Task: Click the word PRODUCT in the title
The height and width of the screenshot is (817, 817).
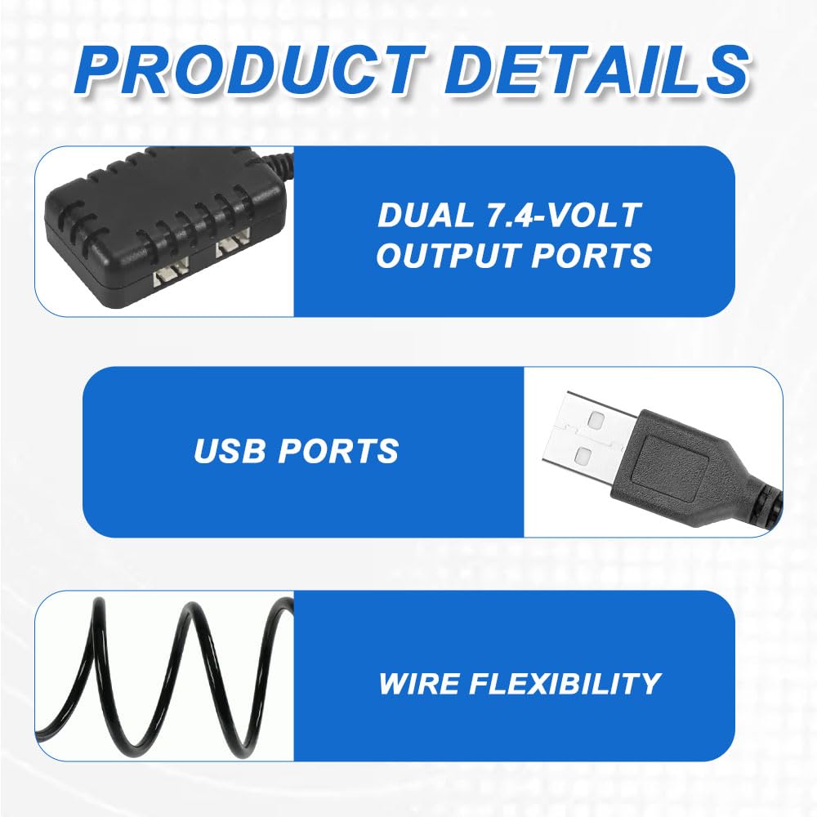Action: click(x=251, y=69)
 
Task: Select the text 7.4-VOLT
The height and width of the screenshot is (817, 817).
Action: click(x=563, y=215)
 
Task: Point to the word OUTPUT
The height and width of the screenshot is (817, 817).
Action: click(x=448, y=255)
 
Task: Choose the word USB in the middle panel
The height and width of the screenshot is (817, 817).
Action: click(x=230, y=451)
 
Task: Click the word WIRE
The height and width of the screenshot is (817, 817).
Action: click(x=417, y=683)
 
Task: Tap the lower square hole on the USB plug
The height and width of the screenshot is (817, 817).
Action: click(x=583, y=456)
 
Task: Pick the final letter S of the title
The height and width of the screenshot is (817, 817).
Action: click(x=724, y=69)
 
